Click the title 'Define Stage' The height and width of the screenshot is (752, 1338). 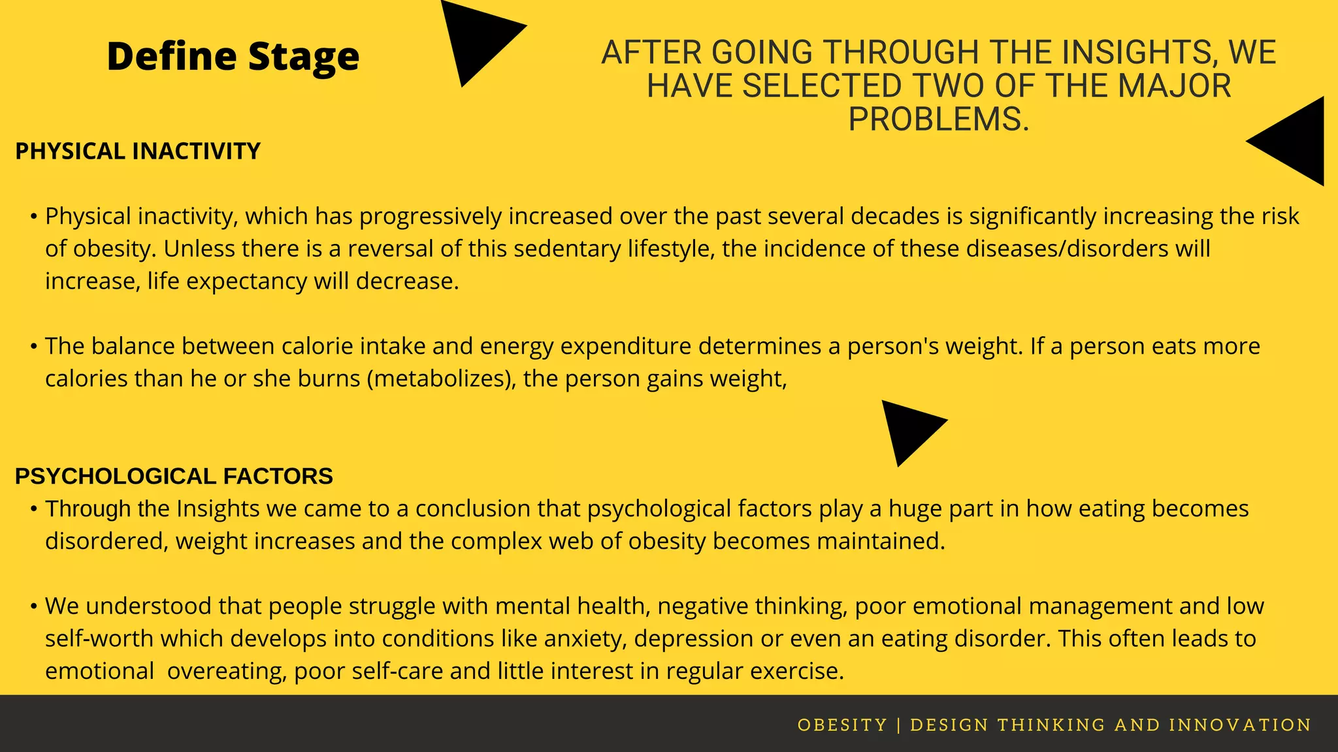pos(233,56)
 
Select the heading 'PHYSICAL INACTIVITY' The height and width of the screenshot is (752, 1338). pos(138,151)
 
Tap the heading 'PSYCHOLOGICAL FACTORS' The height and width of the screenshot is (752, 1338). pos(174,477)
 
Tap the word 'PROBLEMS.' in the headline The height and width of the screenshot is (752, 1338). pos(938,119)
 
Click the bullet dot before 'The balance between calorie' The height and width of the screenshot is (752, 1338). pos(33,346)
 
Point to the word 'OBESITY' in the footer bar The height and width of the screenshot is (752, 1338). pos(842,725)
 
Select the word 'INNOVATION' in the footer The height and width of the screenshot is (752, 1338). pos(1240,725)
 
